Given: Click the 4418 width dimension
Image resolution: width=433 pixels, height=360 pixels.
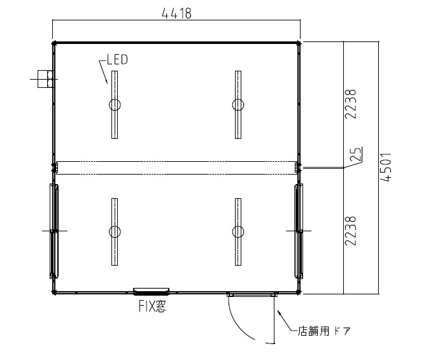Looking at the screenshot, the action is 176,13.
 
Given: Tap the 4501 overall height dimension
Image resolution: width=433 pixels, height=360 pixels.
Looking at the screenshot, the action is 386,167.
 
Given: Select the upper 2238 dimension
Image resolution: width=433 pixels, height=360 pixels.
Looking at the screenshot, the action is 351,104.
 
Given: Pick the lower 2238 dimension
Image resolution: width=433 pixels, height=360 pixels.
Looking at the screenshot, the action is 351,231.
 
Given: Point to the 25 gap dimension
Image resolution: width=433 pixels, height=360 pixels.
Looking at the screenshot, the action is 355,154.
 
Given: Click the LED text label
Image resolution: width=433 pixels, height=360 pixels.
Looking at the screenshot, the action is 117,60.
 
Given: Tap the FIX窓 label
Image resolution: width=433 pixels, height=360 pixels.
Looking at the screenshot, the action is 152,306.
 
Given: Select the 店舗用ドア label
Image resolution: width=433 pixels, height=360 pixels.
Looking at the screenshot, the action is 323,331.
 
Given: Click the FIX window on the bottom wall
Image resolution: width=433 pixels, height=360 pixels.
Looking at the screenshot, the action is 151,291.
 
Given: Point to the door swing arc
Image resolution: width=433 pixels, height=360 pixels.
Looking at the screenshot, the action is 236,324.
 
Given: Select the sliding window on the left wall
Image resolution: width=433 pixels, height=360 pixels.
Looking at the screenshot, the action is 54,231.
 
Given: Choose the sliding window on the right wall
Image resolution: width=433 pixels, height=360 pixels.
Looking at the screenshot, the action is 299,231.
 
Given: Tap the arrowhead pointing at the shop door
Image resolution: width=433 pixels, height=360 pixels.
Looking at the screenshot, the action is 279,313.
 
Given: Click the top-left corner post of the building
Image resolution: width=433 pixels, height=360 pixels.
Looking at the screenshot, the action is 54,43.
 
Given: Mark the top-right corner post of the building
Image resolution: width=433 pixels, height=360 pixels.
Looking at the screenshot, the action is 298,43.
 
